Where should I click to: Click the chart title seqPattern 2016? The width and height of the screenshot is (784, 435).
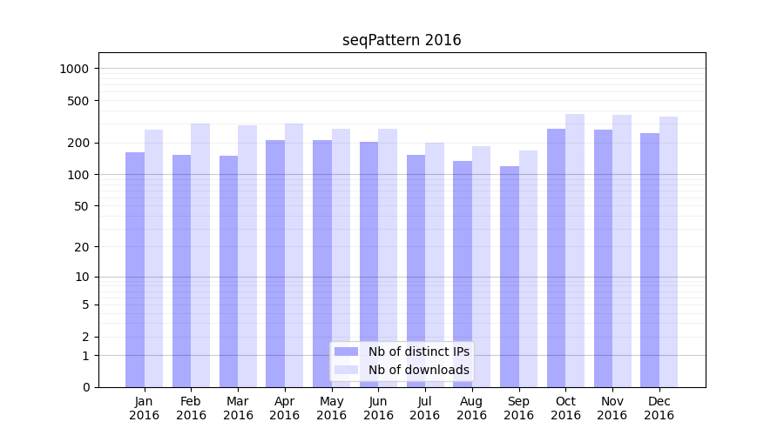[402, 40]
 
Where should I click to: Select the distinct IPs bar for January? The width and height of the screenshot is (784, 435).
[135, 270]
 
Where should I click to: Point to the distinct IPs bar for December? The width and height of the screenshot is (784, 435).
[650, 260]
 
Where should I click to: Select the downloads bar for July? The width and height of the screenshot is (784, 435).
[435, 264]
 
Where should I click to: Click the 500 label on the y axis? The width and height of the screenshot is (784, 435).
[78, 101]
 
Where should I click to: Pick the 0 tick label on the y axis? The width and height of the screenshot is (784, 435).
[85, 387]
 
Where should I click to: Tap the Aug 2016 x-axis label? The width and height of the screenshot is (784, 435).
[472, 408]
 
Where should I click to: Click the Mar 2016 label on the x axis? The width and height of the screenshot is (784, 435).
[238, 408]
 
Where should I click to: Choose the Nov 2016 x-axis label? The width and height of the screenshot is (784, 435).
[612, 408]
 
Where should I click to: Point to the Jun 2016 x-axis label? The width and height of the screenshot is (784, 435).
[378, 408]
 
